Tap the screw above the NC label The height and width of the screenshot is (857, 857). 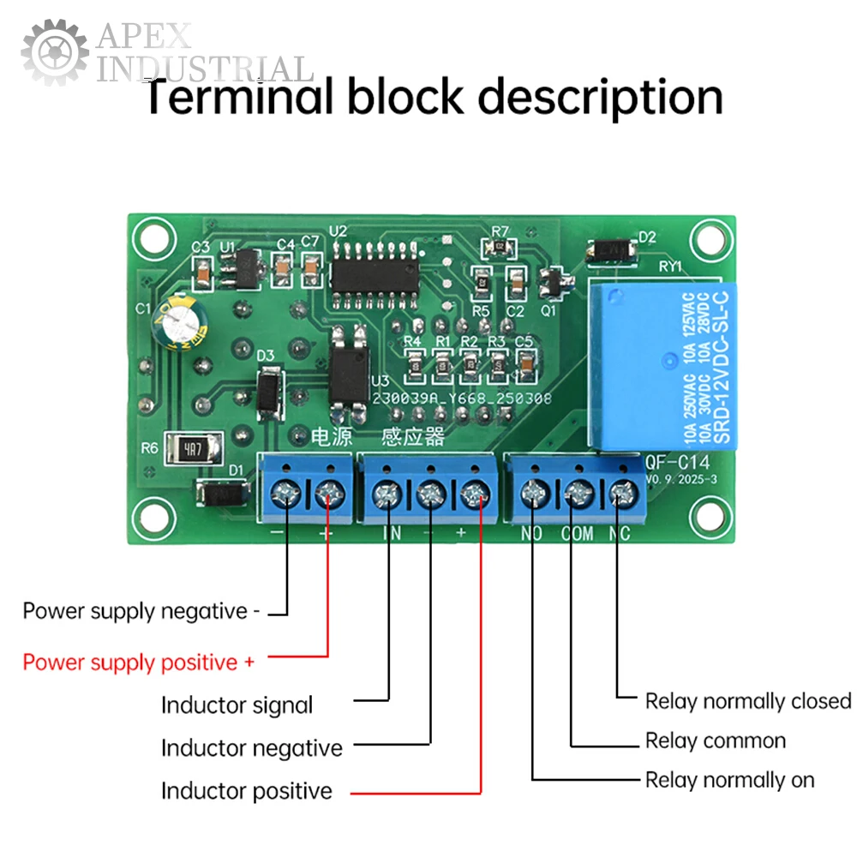click(x=623, y=493)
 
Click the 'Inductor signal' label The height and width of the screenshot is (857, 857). click(x=237, y=705)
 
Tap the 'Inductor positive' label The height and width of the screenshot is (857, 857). click(x=247, y=790)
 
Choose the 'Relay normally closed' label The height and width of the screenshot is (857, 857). click(x=748, y=701)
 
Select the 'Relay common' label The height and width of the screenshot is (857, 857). click(x=716, y=740)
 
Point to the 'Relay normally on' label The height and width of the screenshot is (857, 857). click(x=730, y=780)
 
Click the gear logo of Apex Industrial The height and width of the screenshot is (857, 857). click(x=54, y=53)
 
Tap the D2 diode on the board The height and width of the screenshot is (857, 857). click(x=612, y=249)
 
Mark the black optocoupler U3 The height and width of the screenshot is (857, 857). click(x=350, y=365)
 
